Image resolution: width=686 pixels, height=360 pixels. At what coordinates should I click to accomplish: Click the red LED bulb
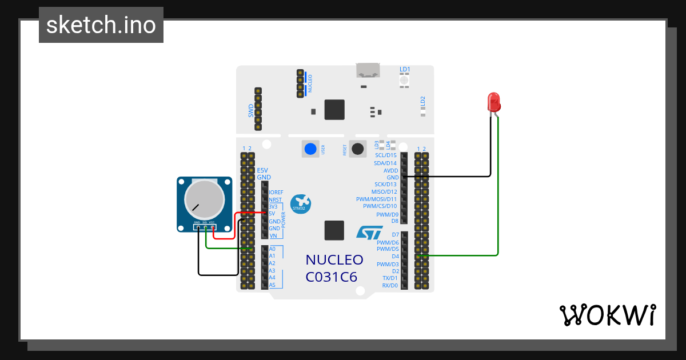(493, 102)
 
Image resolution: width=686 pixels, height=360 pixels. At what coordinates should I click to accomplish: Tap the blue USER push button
(310, 149)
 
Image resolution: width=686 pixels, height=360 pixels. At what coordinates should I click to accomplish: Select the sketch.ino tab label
(101, 25)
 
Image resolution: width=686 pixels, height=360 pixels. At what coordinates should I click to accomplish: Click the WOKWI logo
(607, 315)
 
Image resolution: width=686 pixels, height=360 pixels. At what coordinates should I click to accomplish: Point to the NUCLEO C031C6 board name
(334, 268)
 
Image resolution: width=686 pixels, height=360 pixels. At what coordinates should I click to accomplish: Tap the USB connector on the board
(368, 70)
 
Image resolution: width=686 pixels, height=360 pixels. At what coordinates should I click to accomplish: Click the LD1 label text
(405, 70)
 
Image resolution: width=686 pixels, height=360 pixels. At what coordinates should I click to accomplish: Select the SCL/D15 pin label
(385, 155)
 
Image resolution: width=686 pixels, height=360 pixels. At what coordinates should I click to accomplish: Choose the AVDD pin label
(390, 170)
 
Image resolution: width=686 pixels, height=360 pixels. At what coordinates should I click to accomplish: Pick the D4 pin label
(395, 257)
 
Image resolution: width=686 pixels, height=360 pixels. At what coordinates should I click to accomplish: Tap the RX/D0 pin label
(389, 285)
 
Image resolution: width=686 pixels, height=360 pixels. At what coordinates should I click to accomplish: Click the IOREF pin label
(276, 193)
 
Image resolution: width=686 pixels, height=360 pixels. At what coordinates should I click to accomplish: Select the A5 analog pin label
(272, 285)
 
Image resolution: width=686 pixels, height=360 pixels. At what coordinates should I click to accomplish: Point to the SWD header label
(251, 111)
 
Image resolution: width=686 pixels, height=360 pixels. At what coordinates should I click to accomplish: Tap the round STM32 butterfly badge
(300, 204)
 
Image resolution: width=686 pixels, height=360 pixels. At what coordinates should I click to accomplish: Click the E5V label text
(262, 170)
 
